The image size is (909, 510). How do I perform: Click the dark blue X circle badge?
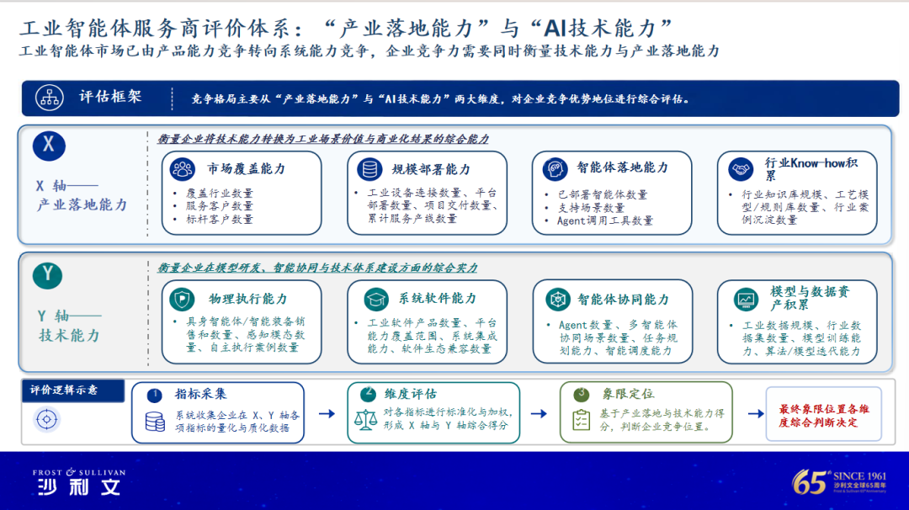[x=49, y=146]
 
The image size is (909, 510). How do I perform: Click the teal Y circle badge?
[x=47, y=274]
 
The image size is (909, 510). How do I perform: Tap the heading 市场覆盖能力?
[x=247, y=168]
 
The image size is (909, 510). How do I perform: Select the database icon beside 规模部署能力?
[x=369, y=169]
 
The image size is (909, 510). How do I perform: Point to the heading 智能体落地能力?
[x=622, y=167]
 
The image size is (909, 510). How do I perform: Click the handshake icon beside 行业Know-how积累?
[x=741, y=169]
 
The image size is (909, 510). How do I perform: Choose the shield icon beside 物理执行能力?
[x=182, y=299]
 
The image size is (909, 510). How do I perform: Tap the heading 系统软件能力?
[x=437, y=299]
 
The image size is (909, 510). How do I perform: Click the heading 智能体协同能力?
[x=623, y=299]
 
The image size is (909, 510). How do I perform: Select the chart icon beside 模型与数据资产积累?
[x=746, y=299]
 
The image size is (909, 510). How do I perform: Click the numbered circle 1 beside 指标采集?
[x=154, y=396]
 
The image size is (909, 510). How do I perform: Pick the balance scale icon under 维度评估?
[x=365, y=420]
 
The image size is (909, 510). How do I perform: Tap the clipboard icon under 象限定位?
[x=581, y=420]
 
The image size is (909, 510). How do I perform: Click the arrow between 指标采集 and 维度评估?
[x=327, y=414]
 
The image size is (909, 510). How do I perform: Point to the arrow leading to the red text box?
[x=755, y=414]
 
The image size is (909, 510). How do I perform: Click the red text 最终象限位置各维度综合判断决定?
[x=824, y=416]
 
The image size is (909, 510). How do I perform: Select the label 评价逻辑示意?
[x=64, y=390]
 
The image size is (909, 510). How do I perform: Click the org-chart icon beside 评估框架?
[x=50, y=98]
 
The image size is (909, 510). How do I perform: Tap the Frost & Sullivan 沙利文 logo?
[x=79, y=481]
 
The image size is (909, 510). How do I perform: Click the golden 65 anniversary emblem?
[x=839, y=481]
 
